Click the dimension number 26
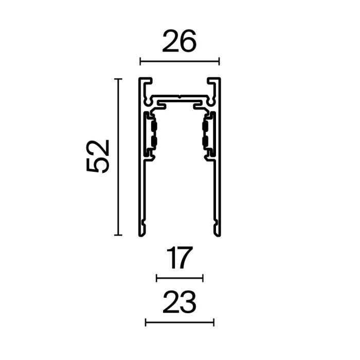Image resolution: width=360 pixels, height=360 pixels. pyautogui.click(x=179, y=42)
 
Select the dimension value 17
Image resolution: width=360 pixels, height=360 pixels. pyautogui.click(x=179, y=259)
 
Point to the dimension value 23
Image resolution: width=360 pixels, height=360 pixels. pyautogui.click(x=179, y=303)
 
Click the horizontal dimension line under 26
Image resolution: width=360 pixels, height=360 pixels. pyautogui.click(x=179, y=62)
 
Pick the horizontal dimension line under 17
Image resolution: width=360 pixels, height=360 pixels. pyautogui.click(x=179, y=278)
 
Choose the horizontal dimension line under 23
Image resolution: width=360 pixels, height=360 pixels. pyautogui.click(x=179, y=322)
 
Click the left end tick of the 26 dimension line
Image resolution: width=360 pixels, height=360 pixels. pyautogui.click(x=140, y=62)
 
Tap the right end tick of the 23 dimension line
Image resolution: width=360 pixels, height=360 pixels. pyautogui.click(x=213, y=322)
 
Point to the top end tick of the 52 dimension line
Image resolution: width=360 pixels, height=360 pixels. pyautogui.click(x=118, y=79)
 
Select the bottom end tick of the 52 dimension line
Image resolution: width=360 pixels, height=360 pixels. pyautogui.click(x=118, y=235)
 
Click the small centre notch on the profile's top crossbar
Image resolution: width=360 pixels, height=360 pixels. pyautogui.click(x=179, y=96)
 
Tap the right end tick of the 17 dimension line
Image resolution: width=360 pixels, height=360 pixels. pyautogui.click(x=203, y=278)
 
